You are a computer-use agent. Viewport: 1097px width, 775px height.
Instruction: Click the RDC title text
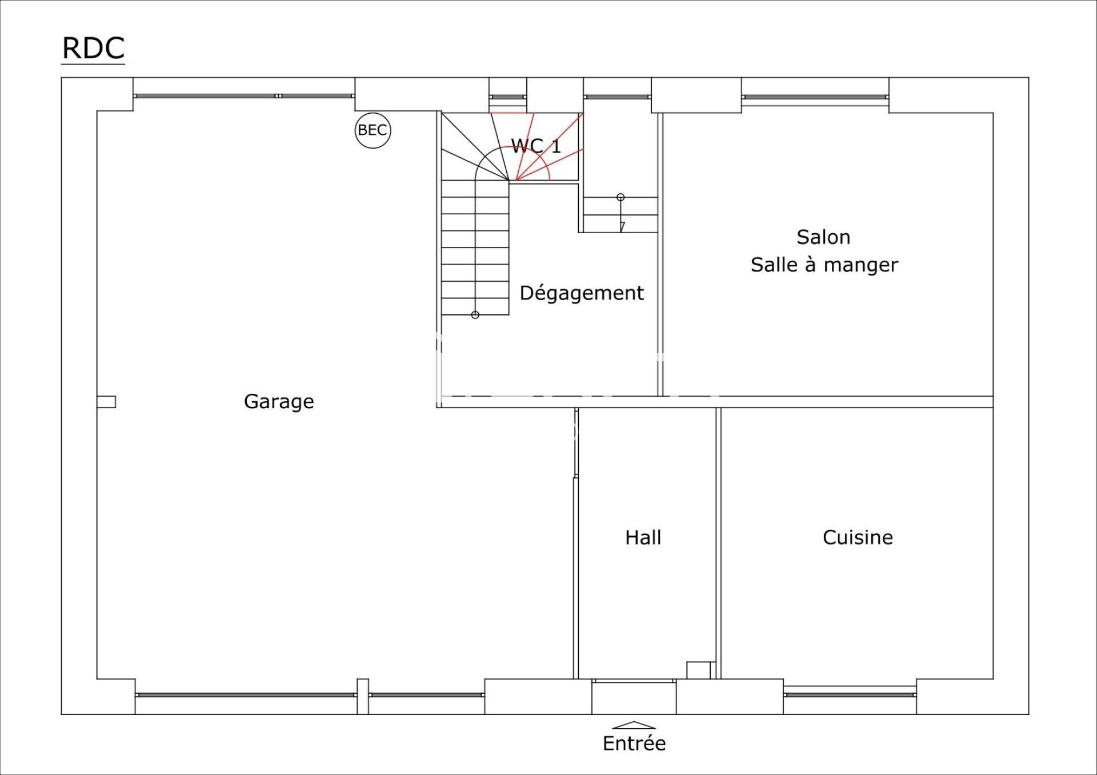point(93,48)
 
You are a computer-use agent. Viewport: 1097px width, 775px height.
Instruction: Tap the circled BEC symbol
point(373,130)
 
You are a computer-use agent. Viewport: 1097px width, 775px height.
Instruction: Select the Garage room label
point(279,402)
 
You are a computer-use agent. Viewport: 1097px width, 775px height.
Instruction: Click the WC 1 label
point(535,146)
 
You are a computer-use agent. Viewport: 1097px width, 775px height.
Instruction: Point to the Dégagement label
point(582,293)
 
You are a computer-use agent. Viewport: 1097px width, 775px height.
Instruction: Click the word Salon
point(823,237)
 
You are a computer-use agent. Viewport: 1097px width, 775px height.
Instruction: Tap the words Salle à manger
point(824,265)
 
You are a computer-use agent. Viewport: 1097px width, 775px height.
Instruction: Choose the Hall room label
point(643,537)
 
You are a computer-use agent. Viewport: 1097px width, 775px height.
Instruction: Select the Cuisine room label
point(858,537)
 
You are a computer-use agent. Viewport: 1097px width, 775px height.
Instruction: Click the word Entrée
point(634,743)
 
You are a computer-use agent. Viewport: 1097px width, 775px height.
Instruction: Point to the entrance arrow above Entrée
point(634,725)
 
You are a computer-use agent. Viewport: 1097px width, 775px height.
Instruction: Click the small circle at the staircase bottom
point(475,315)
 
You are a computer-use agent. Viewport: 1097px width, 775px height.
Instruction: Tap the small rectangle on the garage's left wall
point(106,402)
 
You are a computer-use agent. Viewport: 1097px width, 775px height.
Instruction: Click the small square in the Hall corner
point(698,670)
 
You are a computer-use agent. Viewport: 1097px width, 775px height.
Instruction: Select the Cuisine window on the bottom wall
point(850,694)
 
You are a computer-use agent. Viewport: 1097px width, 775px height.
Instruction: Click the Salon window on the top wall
point(815,97)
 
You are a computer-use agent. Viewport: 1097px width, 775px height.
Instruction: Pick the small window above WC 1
point(507,97)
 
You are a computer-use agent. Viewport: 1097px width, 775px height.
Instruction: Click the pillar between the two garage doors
point(363,696)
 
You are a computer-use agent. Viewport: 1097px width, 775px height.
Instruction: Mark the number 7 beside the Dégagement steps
point(622,227)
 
